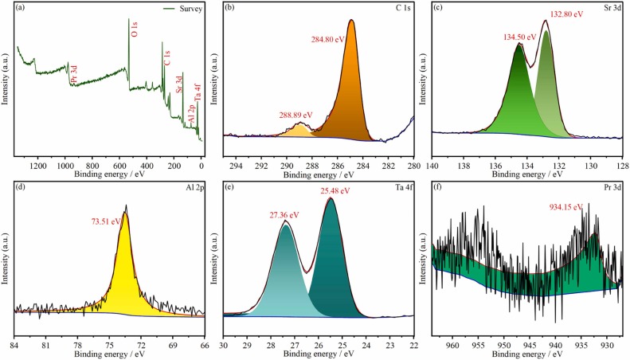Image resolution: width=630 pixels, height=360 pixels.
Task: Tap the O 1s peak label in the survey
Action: click(134, 30)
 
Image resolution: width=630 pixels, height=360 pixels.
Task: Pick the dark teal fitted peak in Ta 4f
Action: click(331, 271)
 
